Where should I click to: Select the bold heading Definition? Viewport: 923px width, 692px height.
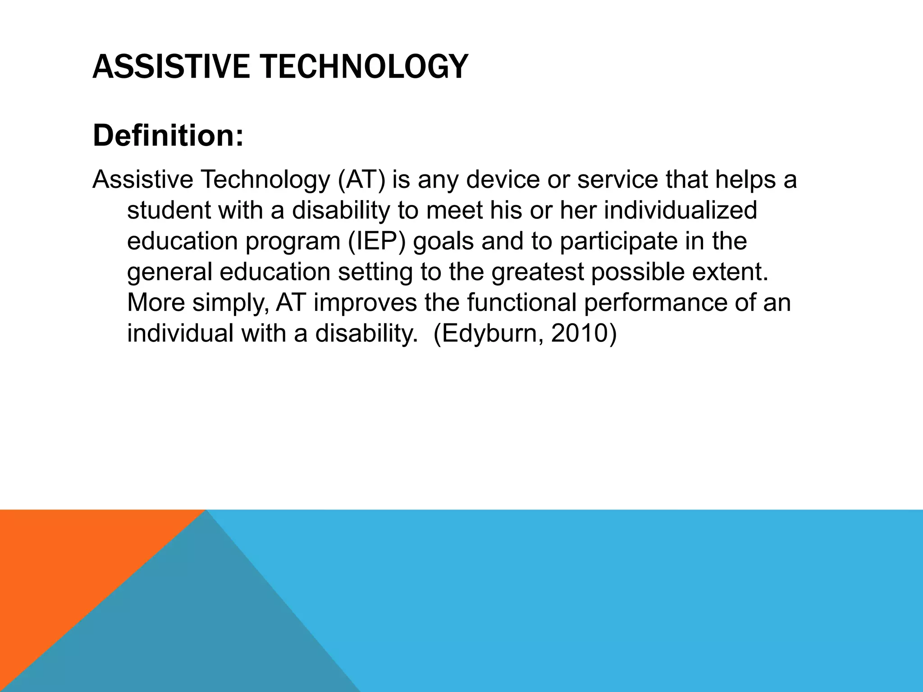pyautogui.click(x=168, y=136)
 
